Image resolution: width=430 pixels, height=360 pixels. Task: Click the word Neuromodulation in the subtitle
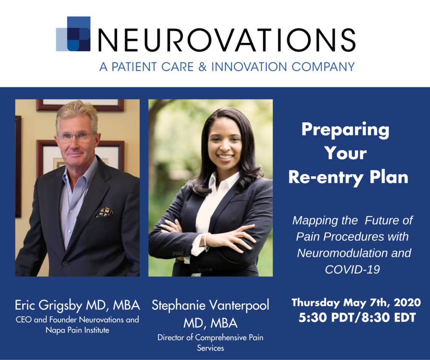(354, 253)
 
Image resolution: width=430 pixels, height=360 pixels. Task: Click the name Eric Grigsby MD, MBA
(77, 305)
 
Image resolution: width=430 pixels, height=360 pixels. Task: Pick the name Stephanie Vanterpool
(210, 305)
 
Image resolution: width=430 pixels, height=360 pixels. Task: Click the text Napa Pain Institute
(77, 330)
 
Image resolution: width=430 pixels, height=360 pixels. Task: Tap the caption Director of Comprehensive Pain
(210, 338)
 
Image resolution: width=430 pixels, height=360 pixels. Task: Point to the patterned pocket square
(104, 212)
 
